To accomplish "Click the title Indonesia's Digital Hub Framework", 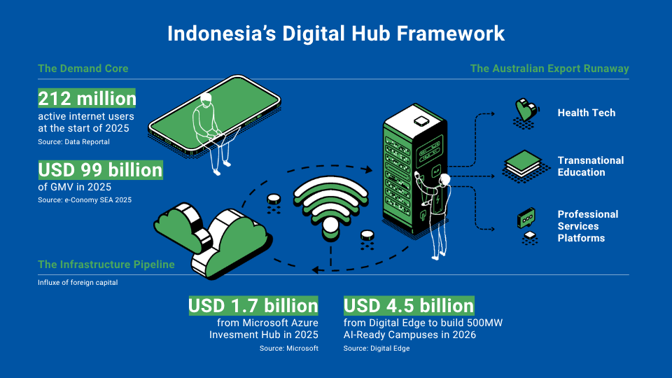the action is (336, 34).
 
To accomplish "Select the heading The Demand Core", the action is (83, 69).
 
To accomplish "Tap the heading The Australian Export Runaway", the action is (549, 69).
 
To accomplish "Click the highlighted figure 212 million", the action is (87, 99).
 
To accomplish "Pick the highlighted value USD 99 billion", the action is (100, 170).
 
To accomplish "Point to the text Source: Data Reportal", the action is (73, 142).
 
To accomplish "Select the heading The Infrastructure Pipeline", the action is (106, 265).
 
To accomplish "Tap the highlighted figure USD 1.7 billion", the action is (253, 306).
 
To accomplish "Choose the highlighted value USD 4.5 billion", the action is (409, 306).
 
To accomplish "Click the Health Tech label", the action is (587, 113).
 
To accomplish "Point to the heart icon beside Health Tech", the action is (526, 110).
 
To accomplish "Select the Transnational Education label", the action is (591, 167).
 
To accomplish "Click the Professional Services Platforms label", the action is (588, 226).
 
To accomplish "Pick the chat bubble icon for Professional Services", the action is (526, 218).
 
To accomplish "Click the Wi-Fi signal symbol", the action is (330, 207).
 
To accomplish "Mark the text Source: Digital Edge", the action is (377, 349).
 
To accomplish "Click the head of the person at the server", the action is (444, 180).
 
